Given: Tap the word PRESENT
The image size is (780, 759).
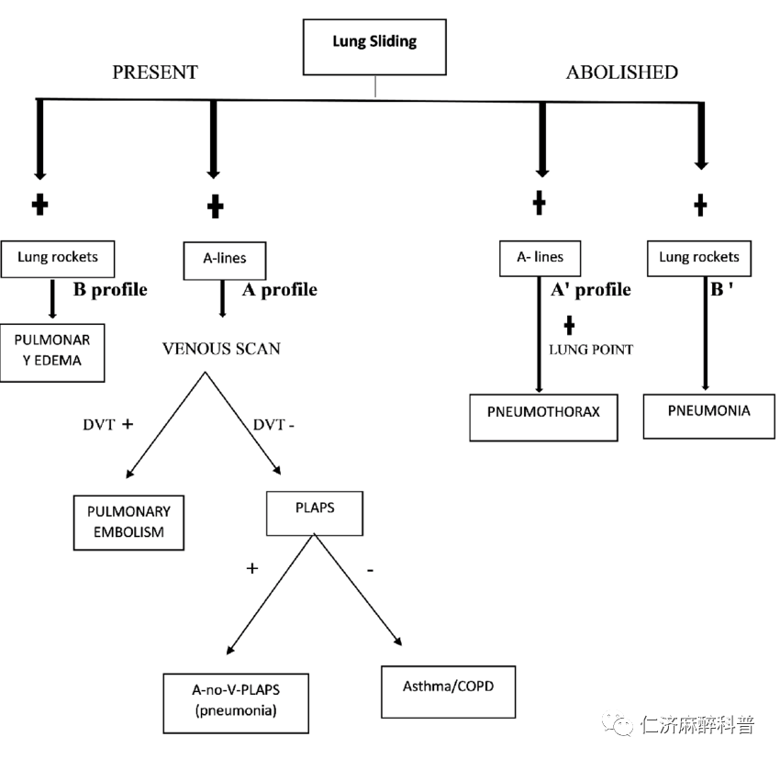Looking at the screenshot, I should click(x=155, y=73).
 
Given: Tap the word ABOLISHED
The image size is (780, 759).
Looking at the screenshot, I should click(x=621, y=73).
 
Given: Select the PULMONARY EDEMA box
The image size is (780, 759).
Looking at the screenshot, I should click(x=53, y=351).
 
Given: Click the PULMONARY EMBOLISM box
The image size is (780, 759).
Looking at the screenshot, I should click(x=128, y=521).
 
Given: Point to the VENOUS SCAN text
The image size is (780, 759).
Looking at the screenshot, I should click(x=221, y=349).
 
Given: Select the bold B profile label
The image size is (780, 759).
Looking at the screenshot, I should click(x=110, y=290).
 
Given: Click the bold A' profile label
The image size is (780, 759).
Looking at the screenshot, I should click(x=590, y=290).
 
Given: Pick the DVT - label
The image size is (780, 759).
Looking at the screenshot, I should click(x=274, y=424).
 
